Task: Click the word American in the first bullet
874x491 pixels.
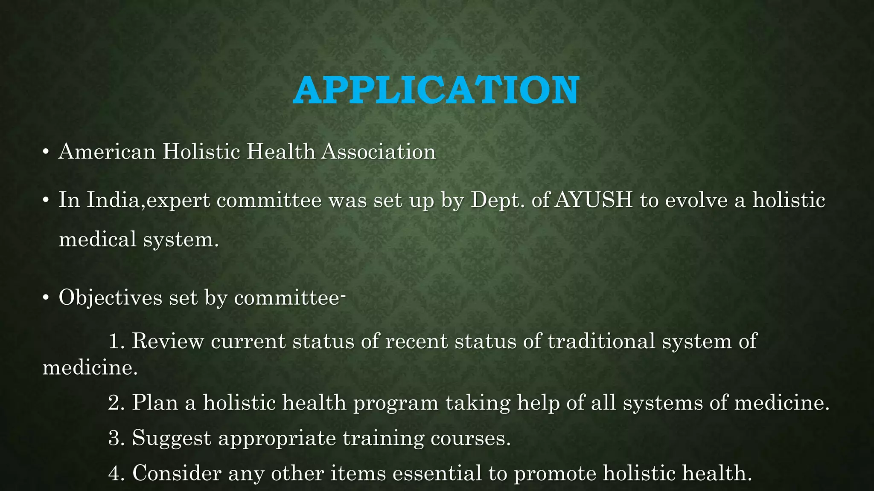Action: pyautogui.click(x=107, y=152)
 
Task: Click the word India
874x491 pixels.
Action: pyautogui.click(x=113, y=200)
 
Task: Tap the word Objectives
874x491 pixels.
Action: pyautogui.click(x=110, y=297)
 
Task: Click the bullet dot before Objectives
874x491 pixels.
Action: pyautogui.click(x=46, y=298)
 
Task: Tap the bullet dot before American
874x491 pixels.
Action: pyautogui.click(x=46, y=152)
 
